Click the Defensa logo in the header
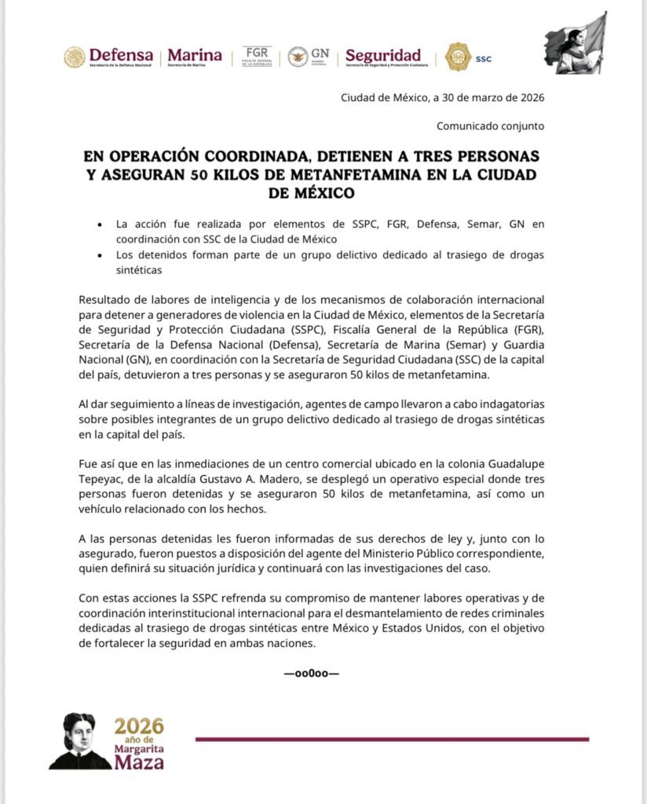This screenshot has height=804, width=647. (110, 57)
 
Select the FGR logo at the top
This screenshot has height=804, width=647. (257, 57)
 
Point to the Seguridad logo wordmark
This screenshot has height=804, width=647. (383, 57)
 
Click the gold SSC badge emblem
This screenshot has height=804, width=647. (459, 57)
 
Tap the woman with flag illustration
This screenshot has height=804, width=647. (576, 44)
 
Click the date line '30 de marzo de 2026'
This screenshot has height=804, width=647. (487, 98)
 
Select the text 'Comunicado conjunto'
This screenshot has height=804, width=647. (490, 126)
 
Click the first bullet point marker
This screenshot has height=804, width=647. (99, 225)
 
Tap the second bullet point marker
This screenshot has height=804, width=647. (99, 256)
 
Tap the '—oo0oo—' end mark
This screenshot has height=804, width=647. (312, 673)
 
